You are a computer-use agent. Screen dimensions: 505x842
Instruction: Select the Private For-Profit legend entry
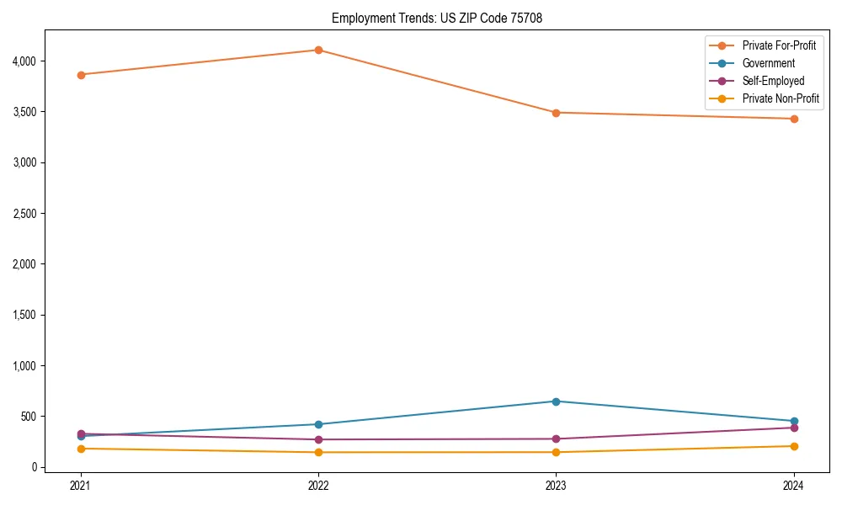778,45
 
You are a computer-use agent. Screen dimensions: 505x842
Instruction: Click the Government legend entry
768,63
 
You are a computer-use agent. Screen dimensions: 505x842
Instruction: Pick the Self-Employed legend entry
773,81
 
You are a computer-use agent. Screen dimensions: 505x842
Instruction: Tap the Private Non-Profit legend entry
781,98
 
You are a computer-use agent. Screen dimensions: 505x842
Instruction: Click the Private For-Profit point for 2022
318,50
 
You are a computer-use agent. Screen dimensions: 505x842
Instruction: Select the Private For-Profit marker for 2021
81,75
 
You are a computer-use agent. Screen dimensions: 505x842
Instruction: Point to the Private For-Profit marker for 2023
556,113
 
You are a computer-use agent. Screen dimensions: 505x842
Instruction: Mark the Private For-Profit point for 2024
794,119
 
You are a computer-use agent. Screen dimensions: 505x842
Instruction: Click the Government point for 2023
556,401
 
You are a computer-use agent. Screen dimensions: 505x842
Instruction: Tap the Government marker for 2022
318,424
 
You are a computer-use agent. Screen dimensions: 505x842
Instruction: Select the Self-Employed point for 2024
794,428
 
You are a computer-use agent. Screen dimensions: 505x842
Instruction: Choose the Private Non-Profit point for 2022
318,452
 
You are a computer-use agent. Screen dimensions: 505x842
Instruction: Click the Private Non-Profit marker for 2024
794,446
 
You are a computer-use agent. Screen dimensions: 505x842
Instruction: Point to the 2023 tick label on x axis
556,485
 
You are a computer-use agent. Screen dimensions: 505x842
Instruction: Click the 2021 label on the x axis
81,485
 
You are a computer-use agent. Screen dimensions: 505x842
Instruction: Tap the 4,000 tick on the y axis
24,61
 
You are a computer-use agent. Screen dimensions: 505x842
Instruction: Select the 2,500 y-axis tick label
24,214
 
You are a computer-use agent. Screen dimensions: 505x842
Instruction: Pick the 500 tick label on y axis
29,417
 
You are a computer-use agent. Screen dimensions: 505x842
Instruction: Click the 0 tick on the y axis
35,467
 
